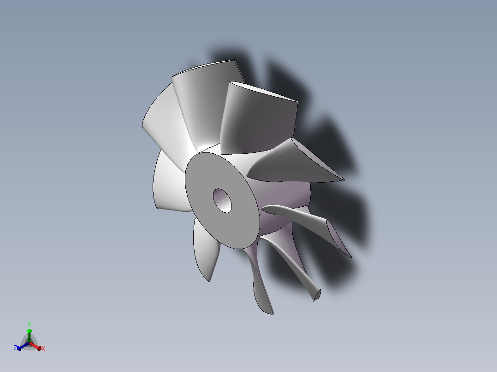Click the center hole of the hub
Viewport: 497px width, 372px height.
point(223,200)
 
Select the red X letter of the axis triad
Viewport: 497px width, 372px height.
point(43,349)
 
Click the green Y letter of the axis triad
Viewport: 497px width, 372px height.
point(29,324)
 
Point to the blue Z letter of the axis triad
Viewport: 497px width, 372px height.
point(15,349)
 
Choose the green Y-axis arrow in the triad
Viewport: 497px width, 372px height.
point(29,334)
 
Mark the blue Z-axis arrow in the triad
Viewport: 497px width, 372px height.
point(21,346)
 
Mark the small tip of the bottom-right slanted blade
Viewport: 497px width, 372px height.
point(317,295)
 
